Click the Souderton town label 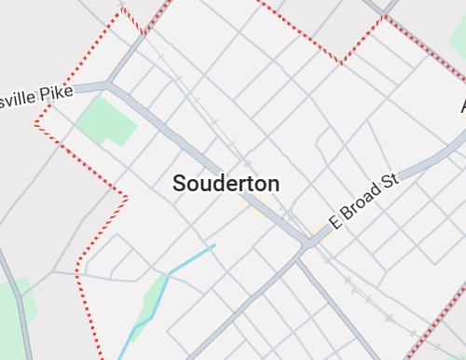point(226,184)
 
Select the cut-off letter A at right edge point(460,105)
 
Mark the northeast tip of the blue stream point(214,245)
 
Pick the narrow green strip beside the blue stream point(149,303)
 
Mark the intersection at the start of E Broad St point(308,244)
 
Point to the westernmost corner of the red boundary point(35,123)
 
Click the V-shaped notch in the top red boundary point(341,62)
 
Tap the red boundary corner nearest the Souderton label point(126,196)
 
